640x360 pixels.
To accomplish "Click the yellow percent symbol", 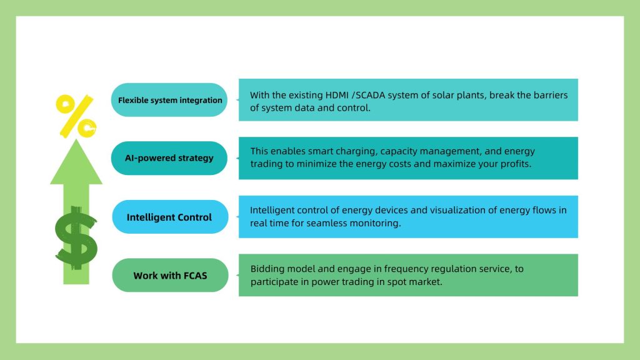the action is pyautogui.click(x=76, y=116).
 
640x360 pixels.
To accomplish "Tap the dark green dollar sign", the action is pyautogui.click(x=76, y=238).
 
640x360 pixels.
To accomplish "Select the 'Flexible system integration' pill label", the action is pyautogui.click(x=169, y=100).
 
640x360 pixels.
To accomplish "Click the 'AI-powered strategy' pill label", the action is pyautogui.click(x=169, y=158).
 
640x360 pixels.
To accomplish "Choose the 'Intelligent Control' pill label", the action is pyautogui.click(x=170, y=217).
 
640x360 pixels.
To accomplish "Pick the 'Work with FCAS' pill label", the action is pyautogui.click(x=170, y=275).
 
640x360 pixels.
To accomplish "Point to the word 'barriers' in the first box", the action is pyautogui.click(x=551, y=95).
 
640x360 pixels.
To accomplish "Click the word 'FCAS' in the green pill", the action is pyautogui.click(x=196, y=276).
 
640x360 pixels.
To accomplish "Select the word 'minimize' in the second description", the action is pyautogui.click(x=315, y=164).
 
